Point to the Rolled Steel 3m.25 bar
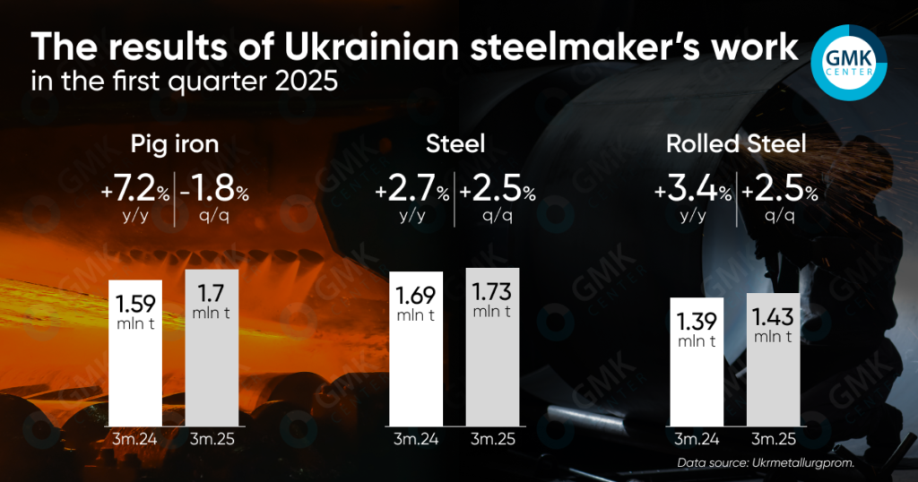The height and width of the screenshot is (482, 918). [x=773, y=358]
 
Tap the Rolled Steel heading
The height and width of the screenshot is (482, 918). [x=736, y=143]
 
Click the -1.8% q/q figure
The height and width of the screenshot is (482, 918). [x=215, y=192]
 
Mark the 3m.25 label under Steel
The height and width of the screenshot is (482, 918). [x=492, y=439]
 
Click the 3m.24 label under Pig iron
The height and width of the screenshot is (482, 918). [x=135, y=439]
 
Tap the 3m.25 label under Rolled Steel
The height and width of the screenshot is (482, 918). [x=773, y=439]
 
